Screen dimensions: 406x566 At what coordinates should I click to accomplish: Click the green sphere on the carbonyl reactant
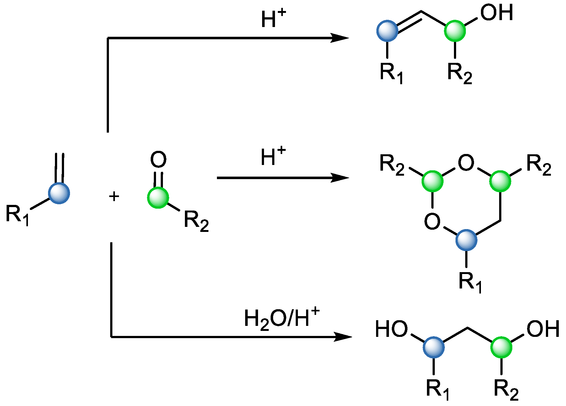[x=158, y=198]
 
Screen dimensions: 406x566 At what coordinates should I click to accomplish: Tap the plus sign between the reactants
[x=114, y=196]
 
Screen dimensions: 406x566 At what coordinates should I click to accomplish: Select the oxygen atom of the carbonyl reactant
[x=158, y=160]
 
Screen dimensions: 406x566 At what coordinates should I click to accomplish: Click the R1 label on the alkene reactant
[x=18, y=215]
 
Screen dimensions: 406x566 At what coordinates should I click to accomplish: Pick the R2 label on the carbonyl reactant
[x=196, y=221]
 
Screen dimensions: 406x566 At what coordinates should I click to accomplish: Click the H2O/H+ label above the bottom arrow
[x=282, y=319]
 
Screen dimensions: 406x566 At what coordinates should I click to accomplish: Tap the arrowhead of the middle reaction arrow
[x=341, y=178]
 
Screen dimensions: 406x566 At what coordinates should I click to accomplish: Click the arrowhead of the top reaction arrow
[x=341, y=38]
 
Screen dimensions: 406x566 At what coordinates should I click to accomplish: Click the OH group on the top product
[x=497, y=13]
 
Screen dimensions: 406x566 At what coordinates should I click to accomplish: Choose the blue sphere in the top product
[x=387, y=31]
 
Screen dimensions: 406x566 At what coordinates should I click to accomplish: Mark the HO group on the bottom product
[x=391, y=329]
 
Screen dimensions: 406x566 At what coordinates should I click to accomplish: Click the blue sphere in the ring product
[x=466, y=240]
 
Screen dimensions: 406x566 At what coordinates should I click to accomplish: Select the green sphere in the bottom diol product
[x=501, y=347]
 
